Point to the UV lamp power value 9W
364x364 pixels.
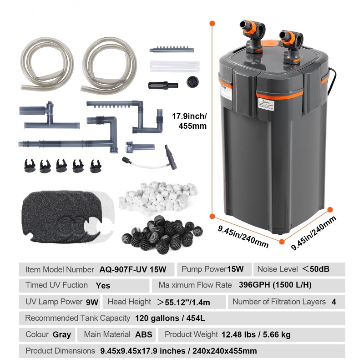pyautogui.click(x=92, y=302)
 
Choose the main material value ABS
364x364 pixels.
pyautogui.click(x=144, y=334)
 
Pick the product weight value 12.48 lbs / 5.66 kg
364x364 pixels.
pyautogui.click(x=256, y=334)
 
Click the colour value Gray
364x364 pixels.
pyautogui.click(x=62, y=334)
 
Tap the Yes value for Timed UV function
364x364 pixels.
pyautogui.click(x=103, y=286)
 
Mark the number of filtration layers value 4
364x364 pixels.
pyautogui.click(x=334, y=302)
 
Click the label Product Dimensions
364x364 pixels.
pyautogui.click(x=60, y=351)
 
